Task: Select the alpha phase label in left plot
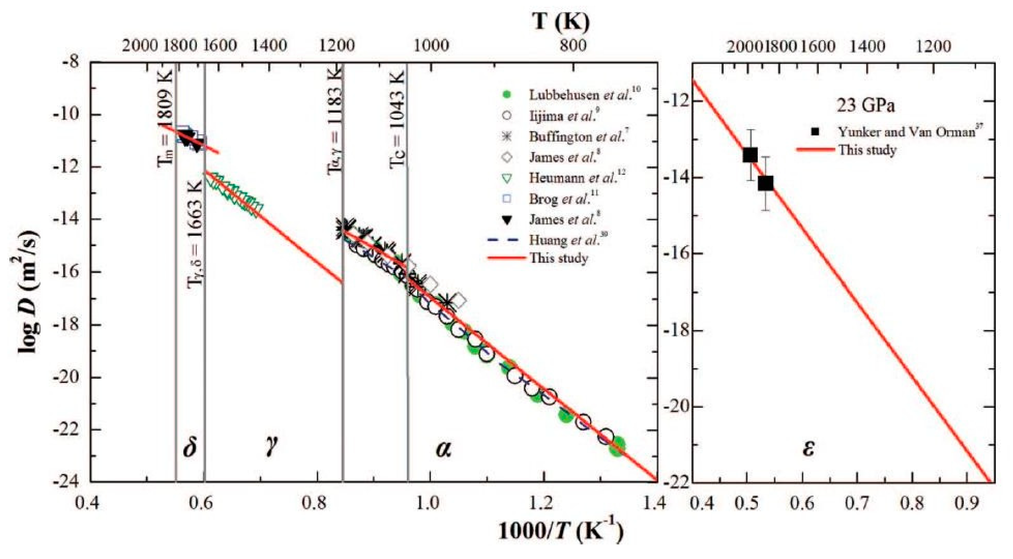point(443,449)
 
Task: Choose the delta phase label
point(190,449)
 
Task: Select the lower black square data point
point(765,183)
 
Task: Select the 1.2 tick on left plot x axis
point(544,505)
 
